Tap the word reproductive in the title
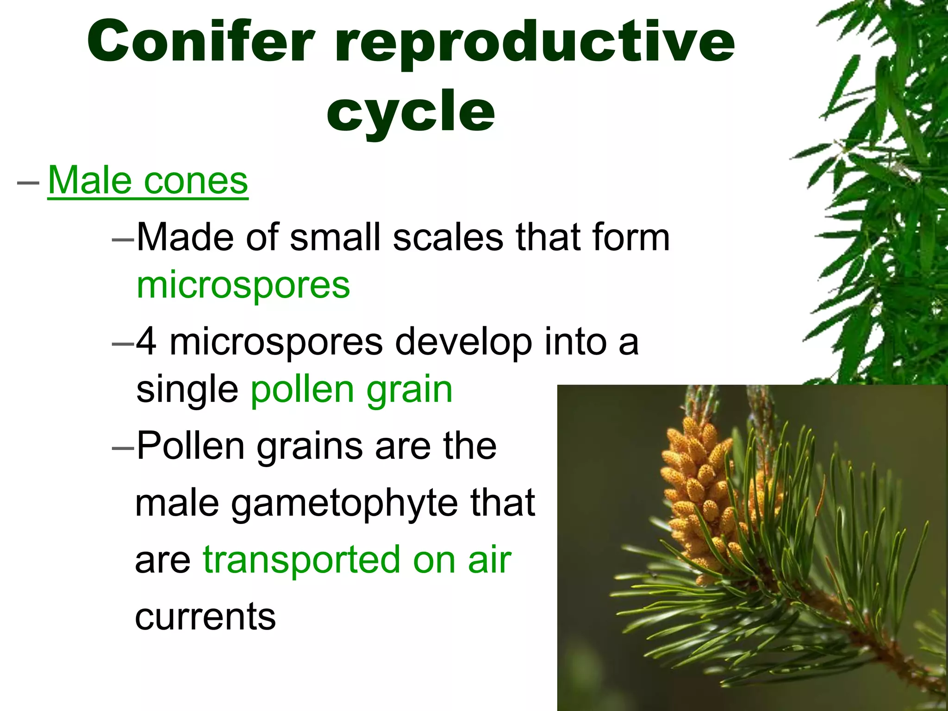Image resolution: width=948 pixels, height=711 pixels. (535, 44)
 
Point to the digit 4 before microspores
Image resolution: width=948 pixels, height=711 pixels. (147, 342)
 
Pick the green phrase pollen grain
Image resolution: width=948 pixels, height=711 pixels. (351, 390)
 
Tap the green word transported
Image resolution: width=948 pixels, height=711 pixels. (301, 560)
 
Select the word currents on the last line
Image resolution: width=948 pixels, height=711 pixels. (206, 617)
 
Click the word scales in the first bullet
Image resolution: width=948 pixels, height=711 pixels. (448, 237)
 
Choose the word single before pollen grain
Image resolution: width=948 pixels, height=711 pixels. (187, 390)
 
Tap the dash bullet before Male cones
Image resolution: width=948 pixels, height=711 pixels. (28, 182)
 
